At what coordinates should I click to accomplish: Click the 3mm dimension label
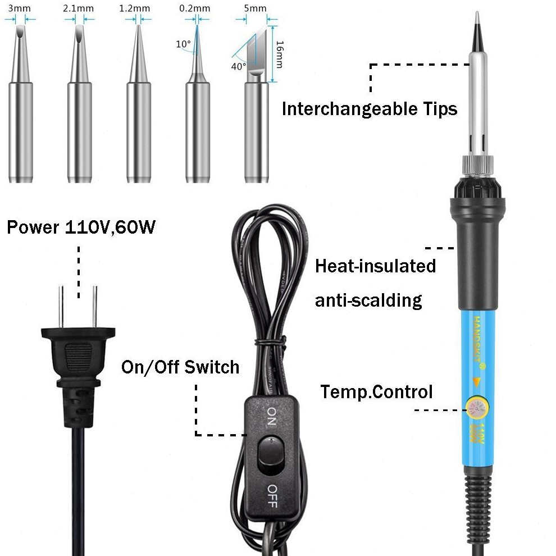coord(15,8)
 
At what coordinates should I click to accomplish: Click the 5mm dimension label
coord(256,8)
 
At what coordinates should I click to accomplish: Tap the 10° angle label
coord(183,44)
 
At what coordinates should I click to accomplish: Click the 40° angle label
coord(238,66)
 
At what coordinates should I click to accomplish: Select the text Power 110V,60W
coord(81,228)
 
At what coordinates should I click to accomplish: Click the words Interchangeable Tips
coord(370,108)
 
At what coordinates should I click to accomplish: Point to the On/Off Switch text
coord(180,367)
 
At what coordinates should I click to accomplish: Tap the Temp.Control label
coord(377,391)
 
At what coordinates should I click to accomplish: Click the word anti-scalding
coord(368,300)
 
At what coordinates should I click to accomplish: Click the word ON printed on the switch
coord(271,416)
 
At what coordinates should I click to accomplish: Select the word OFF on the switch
coord(271,495)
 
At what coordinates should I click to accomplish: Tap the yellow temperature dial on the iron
coord(476,409)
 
